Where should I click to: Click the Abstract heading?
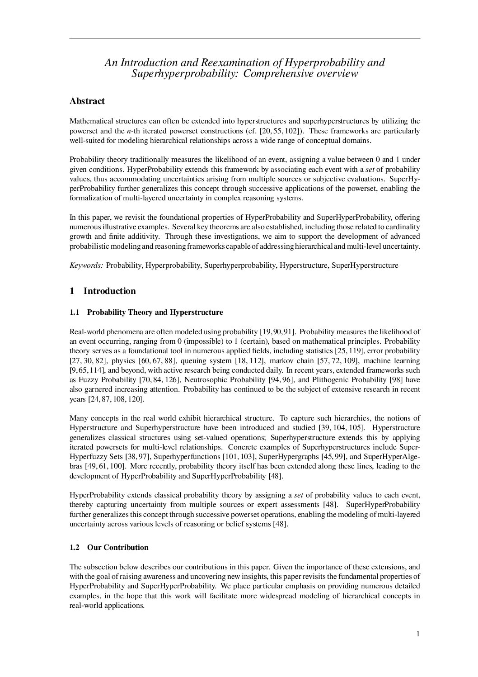(87, 101)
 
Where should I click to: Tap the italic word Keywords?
(86, 265)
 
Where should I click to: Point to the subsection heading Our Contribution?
(117, 547)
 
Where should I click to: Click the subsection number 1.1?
(75, 312)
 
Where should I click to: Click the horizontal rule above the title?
(244, 38)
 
